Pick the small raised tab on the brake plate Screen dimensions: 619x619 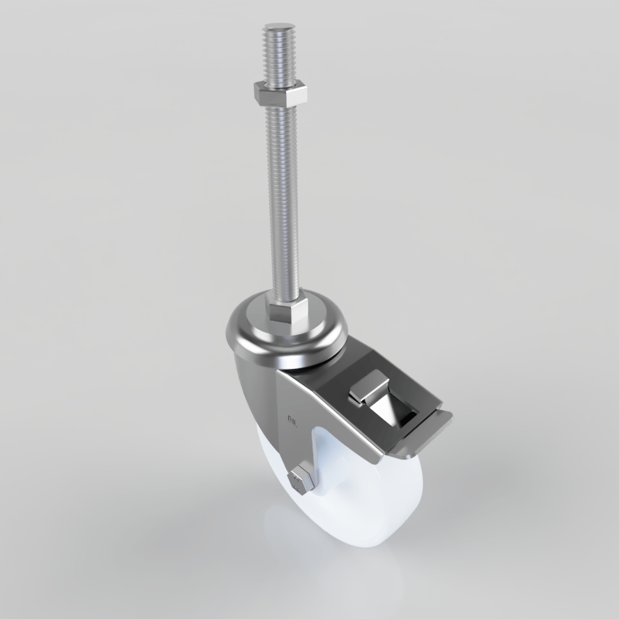[x=369, y=389]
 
